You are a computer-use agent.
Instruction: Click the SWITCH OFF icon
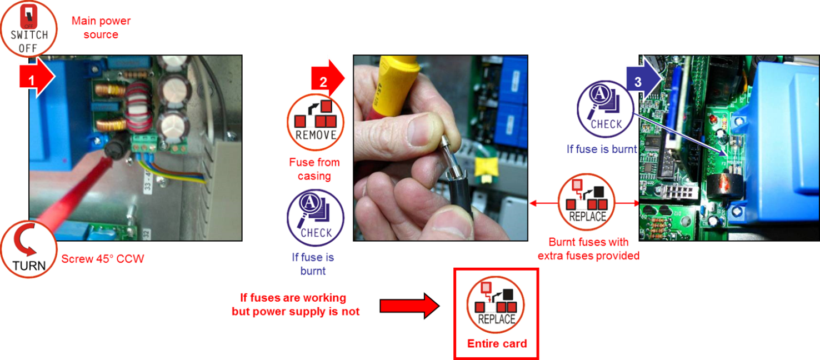[28, 28]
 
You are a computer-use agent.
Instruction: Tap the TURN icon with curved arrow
[28, 249]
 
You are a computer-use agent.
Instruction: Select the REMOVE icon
[316, 122]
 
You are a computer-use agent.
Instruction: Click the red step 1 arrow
[37, 78]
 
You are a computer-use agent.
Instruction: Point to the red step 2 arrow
[328, 78]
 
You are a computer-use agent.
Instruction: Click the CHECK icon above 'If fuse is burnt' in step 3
[606, 109]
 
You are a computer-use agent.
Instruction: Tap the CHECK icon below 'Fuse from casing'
[316, 218]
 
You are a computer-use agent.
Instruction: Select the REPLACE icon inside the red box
[496, 304]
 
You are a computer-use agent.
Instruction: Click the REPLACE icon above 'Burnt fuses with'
[587, 202]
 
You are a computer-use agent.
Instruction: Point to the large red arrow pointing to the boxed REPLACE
[409, 306]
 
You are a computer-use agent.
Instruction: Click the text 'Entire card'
[497, 343]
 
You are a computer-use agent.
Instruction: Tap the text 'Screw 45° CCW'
[102, 259]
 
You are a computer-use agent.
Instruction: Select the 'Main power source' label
[101, 27]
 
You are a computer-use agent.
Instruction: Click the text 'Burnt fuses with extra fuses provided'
[588, 249]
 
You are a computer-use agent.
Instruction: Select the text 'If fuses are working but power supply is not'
[296, 304]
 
